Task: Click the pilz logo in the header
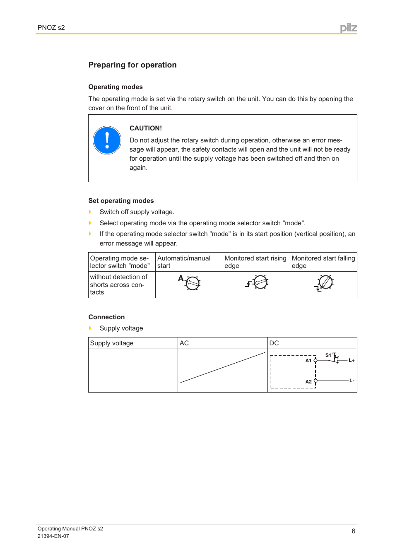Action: click(349, 28)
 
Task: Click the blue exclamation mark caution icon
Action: click(107, 140)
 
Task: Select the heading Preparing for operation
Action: click(132, 65)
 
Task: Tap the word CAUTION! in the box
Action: click(146, 128)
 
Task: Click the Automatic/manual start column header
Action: click(184, 262)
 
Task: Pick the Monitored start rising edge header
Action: click(255, 262)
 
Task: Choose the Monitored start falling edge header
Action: click(323, 262)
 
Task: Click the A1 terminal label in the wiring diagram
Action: click(308, 361)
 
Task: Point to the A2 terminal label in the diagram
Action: click(308, 382)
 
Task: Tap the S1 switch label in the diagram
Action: click(328, 355)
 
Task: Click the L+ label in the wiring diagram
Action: click(352, 360)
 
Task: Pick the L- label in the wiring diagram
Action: click(352, 381)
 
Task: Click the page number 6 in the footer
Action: click(353, 531)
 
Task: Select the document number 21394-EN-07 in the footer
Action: click(53, 536)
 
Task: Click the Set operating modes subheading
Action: click(121, 201)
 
